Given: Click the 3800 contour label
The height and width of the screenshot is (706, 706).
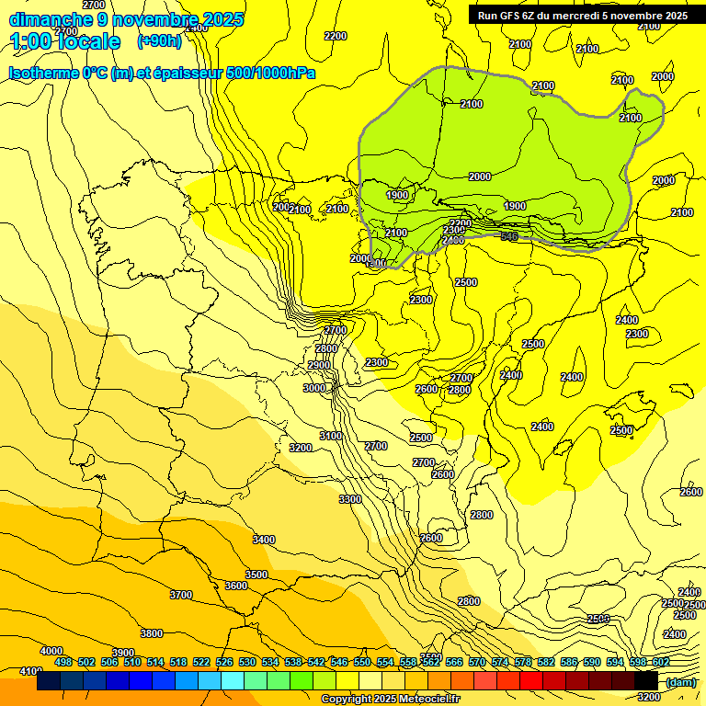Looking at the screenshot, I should tap(152, 633).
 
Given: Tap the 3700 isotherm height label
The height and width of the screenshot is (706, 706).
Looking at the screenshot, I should tap(181, 595).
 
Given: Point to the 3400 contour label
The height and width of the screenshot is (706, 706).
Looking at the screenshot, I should tap(264, 540).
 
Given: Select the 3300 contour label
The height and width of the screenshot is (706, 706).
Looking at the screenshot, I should tap(349, 499).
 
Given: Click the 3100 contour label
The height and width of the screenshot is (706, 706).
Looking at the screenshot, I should tap(331, 436).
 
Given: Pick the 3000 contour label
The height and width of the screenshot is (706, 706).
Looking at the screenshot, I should tap(314, 388).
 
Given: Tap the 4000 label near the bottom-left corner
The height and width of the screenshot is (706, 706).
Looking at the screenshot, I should tap(51, 651).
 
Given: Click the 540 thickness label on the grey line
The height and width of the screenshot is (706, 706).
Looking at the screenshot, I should tap(508, 236).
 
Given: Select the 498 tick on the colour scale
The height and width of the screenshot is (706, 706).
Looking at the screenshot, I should tap(63, 662).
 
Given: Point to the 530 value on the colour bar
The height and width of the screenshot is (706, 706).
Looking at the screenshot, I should tap(247, 662).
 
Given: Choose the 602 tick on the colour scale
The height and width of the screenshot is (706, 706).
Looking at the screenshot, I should tap(661, 662).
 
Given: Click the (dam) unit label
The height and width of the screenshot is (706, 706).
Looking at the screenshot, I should tap(679, 681).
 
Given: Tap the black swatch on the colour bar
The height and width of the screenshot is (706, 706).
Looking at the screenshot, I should tap(646, 681).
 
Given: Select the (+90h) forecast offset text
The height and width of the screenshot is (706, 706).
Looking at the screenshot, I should tap(160, 40).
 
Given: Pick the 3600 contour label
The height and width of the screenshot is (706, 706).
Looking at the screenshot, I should tap(236, 586).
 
